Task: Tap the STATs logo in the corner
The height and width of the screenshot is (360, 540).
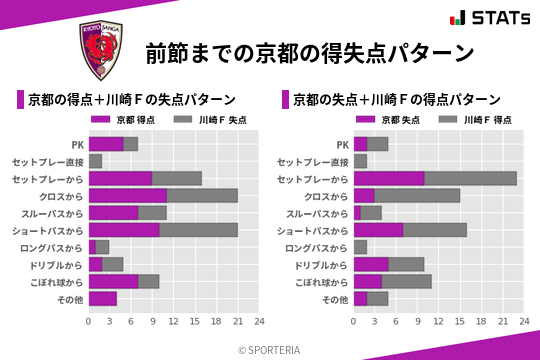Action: coord(490,18)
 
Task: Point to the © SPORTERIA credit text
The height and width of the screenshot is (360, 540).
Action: coord(269,350)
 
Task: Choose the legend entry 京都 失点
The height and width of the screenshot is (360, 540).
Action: coord(390,120)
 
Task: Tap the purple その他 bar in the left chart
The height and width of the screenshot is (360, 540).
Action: coord(103,298)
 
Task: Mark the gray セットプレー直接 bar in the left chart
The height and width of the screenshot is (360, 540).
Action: coord(95,161)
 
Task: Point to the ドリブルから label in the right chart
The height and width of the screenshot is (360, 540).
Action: coord(322,264)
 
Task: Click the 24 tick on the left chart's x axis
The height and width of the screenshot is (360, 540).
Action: coord(259,322)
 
